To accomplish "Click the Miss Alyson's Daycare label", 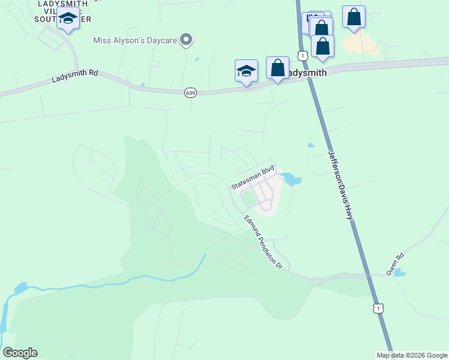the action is click(x=136, y=41).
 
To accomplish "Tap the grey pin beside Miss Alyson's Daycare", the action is click(x=187, y=40).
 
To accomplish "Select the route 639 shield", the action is click(x=190, y=92).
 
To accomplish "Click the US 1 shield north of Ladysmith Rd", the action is click(x=303, y=56).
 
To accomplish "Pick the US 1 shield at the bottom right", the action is click(x=378, y=308).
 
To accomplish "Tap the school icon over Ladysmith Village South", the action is click(x=68, y=19).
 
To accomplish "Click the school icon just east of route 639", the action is click(x=246, y=70).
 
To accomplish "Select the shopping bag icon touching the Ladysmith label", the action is click(x=277, y=68).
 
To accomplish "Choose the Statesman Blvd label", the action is click(x=253, y=178).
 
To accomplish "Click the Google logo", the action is click(x=20, y=353).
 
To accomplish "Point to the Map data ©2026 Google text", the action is click(x=412, y=355).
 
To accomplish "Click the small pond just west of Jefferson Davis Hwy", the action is click(x=310, y=145).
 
